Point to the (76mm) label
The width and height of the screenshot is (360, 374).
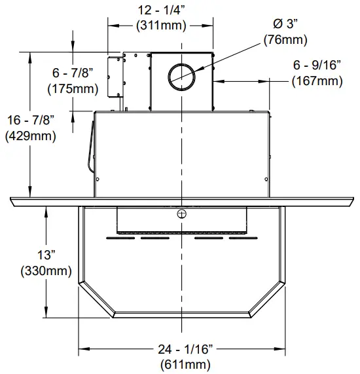pyautogui.click(x=285, y=39)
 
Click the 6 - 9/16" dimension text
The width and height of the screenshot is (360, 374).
pyautogui.click(x=317, y=65)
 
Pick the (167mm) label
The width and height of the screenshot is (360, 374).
pyautogui.click(x=317, y=81)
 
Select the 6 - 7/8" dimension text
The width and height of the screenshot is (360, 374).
pyautogui.click(x=74, y=73)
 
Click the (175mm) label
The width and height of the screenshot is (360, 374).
pyautogui.click(x=73, y=88)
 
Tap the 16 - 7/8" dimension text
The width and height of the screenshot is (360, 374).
pyautogui.click(x=30, y=121)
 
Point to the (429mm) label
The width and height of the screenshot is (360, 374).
pyautogui.click(x=30, y=136)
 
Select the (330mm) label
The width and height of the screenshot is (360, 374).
pyautogui.click(x=46, y=270)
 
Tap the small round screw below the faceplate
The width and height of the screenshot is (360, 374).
pyautogui.click(x=181, y=214)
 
